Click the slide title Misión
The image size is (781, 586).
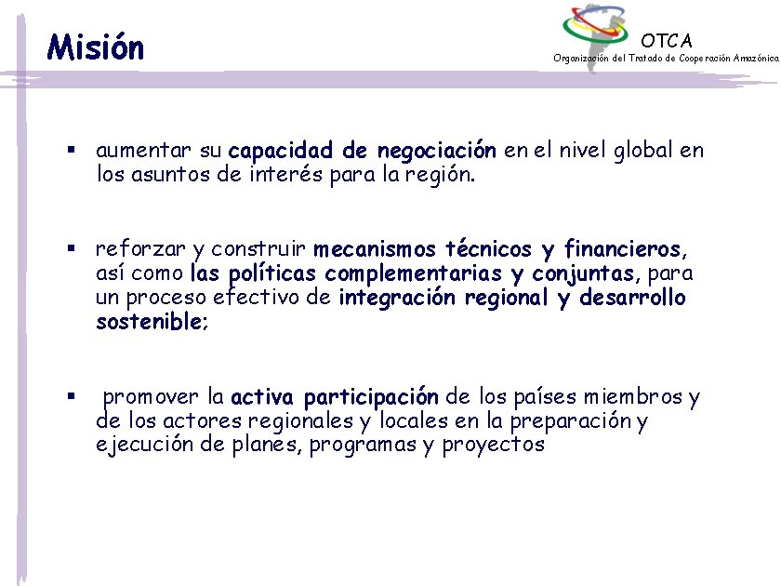tap(96, 46)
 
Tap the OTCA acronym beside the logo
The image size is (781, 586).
tap(667, 40)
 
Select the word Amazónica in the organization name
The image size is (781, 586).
tap(755, 58)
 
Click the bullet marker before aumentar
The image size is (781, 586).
tap(70, 150)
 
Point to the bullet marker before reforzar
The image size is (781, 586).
tap(70, 249)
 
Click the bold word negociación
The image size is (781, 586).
tap(437, 151)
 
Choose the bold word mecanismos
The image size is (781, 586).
tap(375, 249)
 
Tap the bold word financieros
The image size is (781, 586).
tap(622, 249)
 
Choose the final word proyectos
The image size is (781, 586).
tap(493, 445)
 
